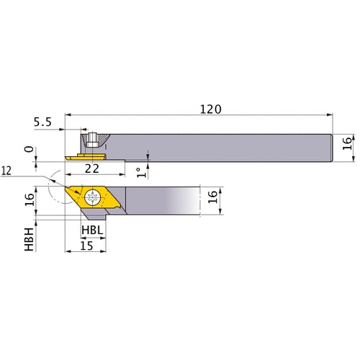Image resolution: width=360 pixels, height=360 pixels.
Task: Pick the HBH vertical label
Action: [x=29, y=238]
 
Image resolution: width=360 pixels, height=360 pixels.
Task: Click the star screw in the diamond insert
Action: [x=92, y=197]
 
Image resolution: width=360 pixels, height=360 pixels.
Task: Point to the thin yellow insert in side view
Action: [x=83, y=154]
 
